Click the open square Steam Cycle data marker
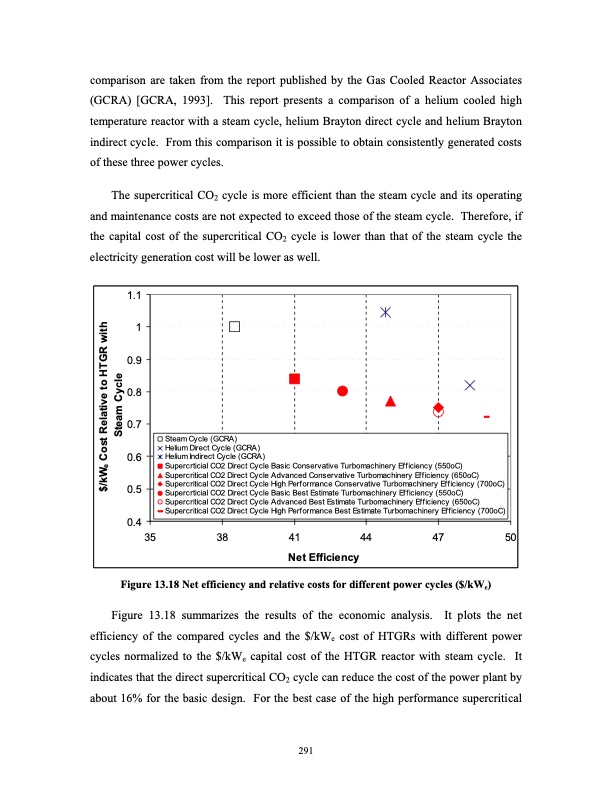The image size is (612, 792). click(235, 326)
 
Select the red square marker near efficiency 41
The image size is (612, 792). click(295, 378)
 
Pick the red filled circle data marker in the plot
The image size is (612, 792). click(343, 391)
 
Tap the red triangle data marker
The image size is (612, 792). click(391, 401)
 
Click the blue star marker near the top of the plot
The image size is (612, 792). click(385, 313)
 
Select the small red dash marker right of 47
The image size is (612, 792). click(486, 416)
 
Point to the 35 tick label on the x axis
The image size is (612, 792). click(150, 538)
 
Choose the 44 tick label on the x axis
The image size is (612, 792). click(366, 538)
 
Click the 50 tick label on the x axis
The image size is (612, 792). click(510, 538)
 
